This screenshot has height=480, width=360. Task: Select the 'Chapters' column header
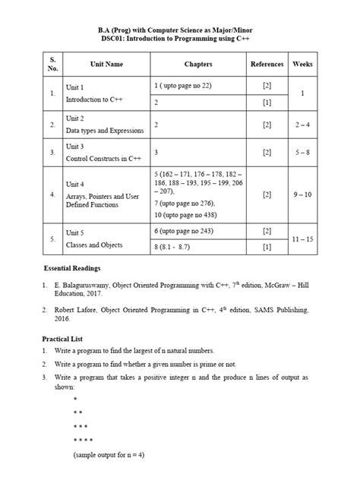[197, 65]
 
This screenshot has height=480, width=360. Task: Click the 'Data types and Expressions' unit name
[104, 131]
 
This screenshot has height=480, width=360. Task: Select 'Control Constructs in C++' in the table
[103, 159]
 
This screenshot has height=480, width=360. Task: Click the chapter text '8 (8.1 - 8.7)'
[176, 247]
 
